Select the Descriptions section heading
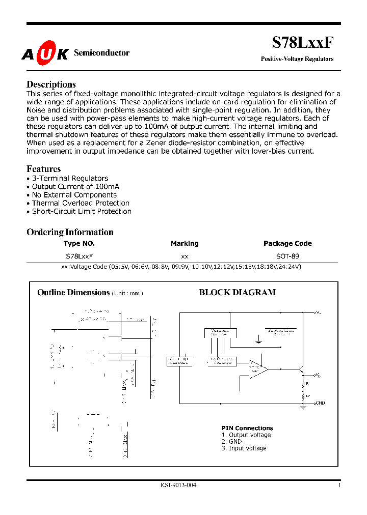click(x=51, y=84)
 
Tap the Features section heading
click(x=43, y=169)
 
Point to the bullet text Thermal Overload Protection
click(x=81, y=203)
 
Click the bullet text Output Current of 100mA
click(x=75, y=187)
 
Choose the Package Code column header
click(x=287, y=244)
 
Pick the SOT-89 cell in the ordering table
click(x=287, y=256)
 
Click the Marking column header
click(x=185, y=244)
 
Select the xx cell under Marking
click(x=185, y=256)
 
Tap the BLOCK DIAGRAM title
click(x=237, y=292)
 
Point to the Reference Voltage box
click(x=222, y=361)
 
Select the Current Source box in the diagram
click(x=217, y=332)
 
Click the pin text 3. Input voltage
click(x=244, y=448)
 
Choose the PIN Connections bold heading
click(x=247, y=428)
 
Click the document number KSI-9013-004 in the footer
click(x=174, y=485)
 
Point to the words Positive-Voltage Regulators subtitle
click(x=297, y=59)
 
